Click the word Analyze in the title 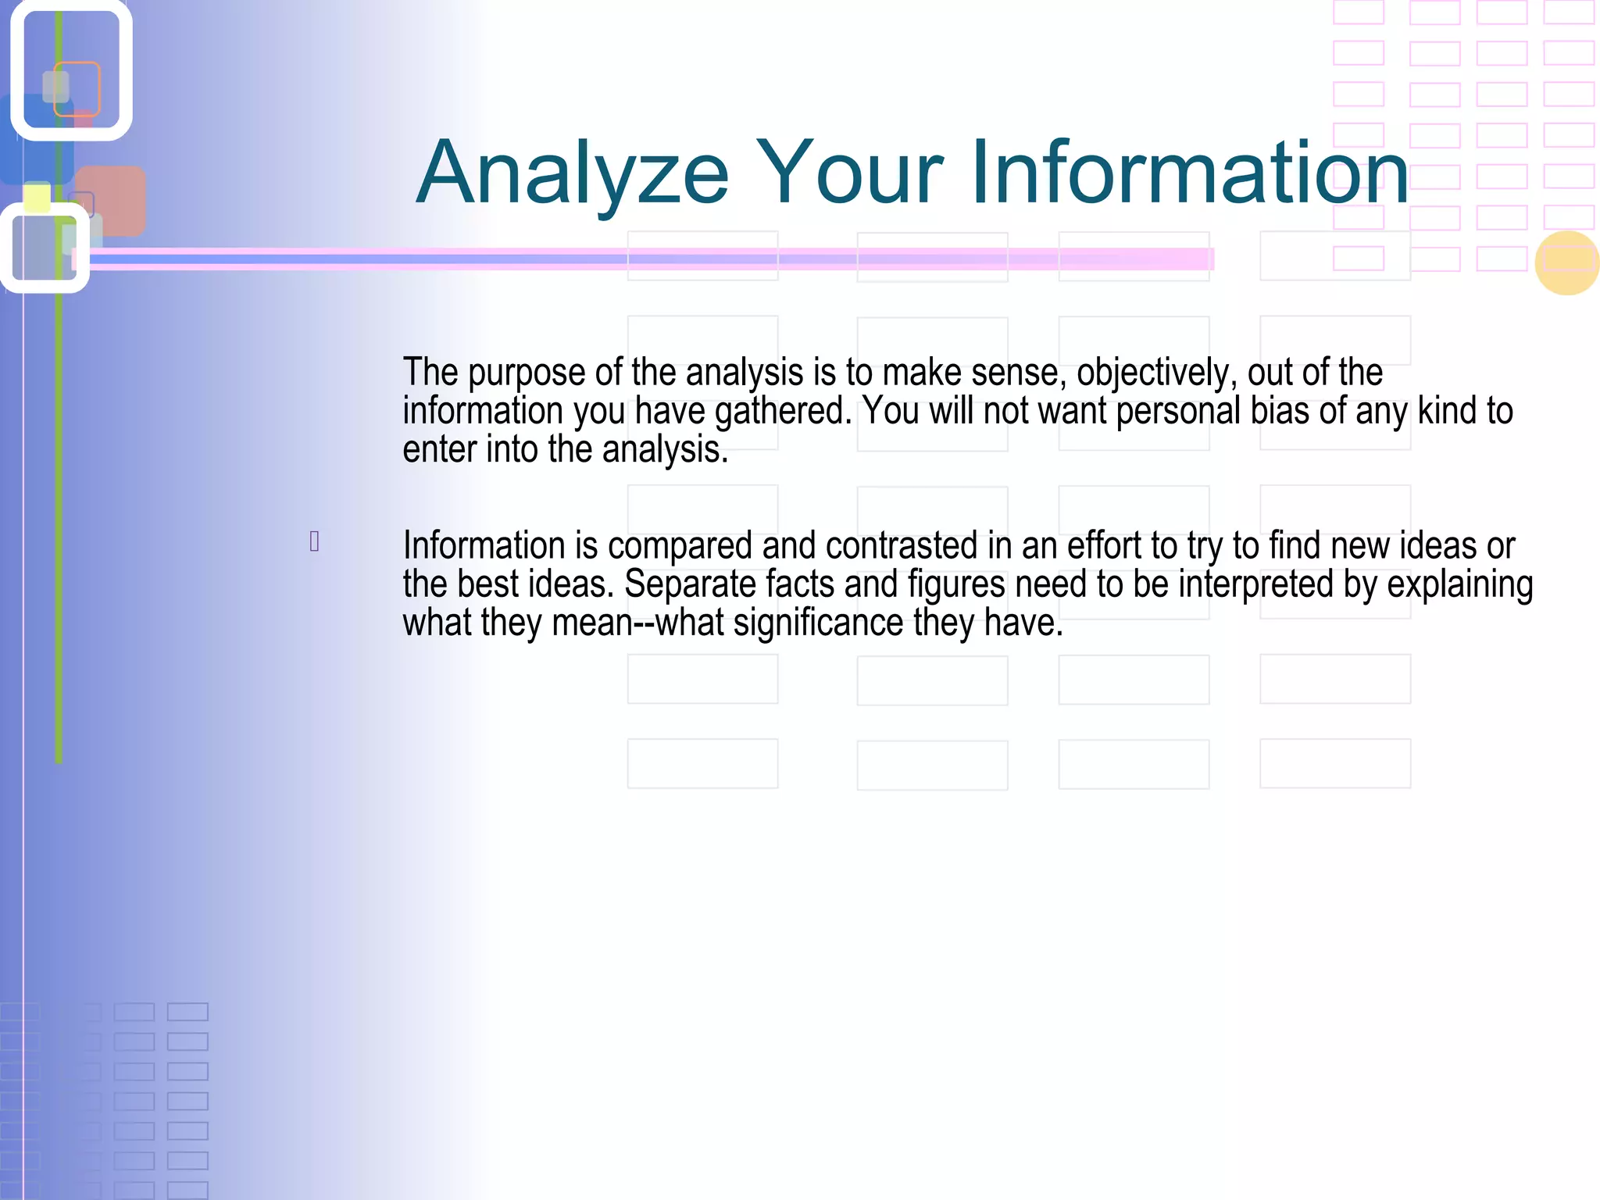pos(572,173)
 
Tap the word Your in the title pos(849,173)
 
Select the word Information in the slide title pos(1189,173)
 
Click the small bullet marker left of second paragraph pos(314,541)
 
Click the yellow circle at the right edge pos(1566,263)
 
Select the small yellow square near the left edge pos(37,197)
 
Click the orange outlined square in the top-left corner pos(77,88)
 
